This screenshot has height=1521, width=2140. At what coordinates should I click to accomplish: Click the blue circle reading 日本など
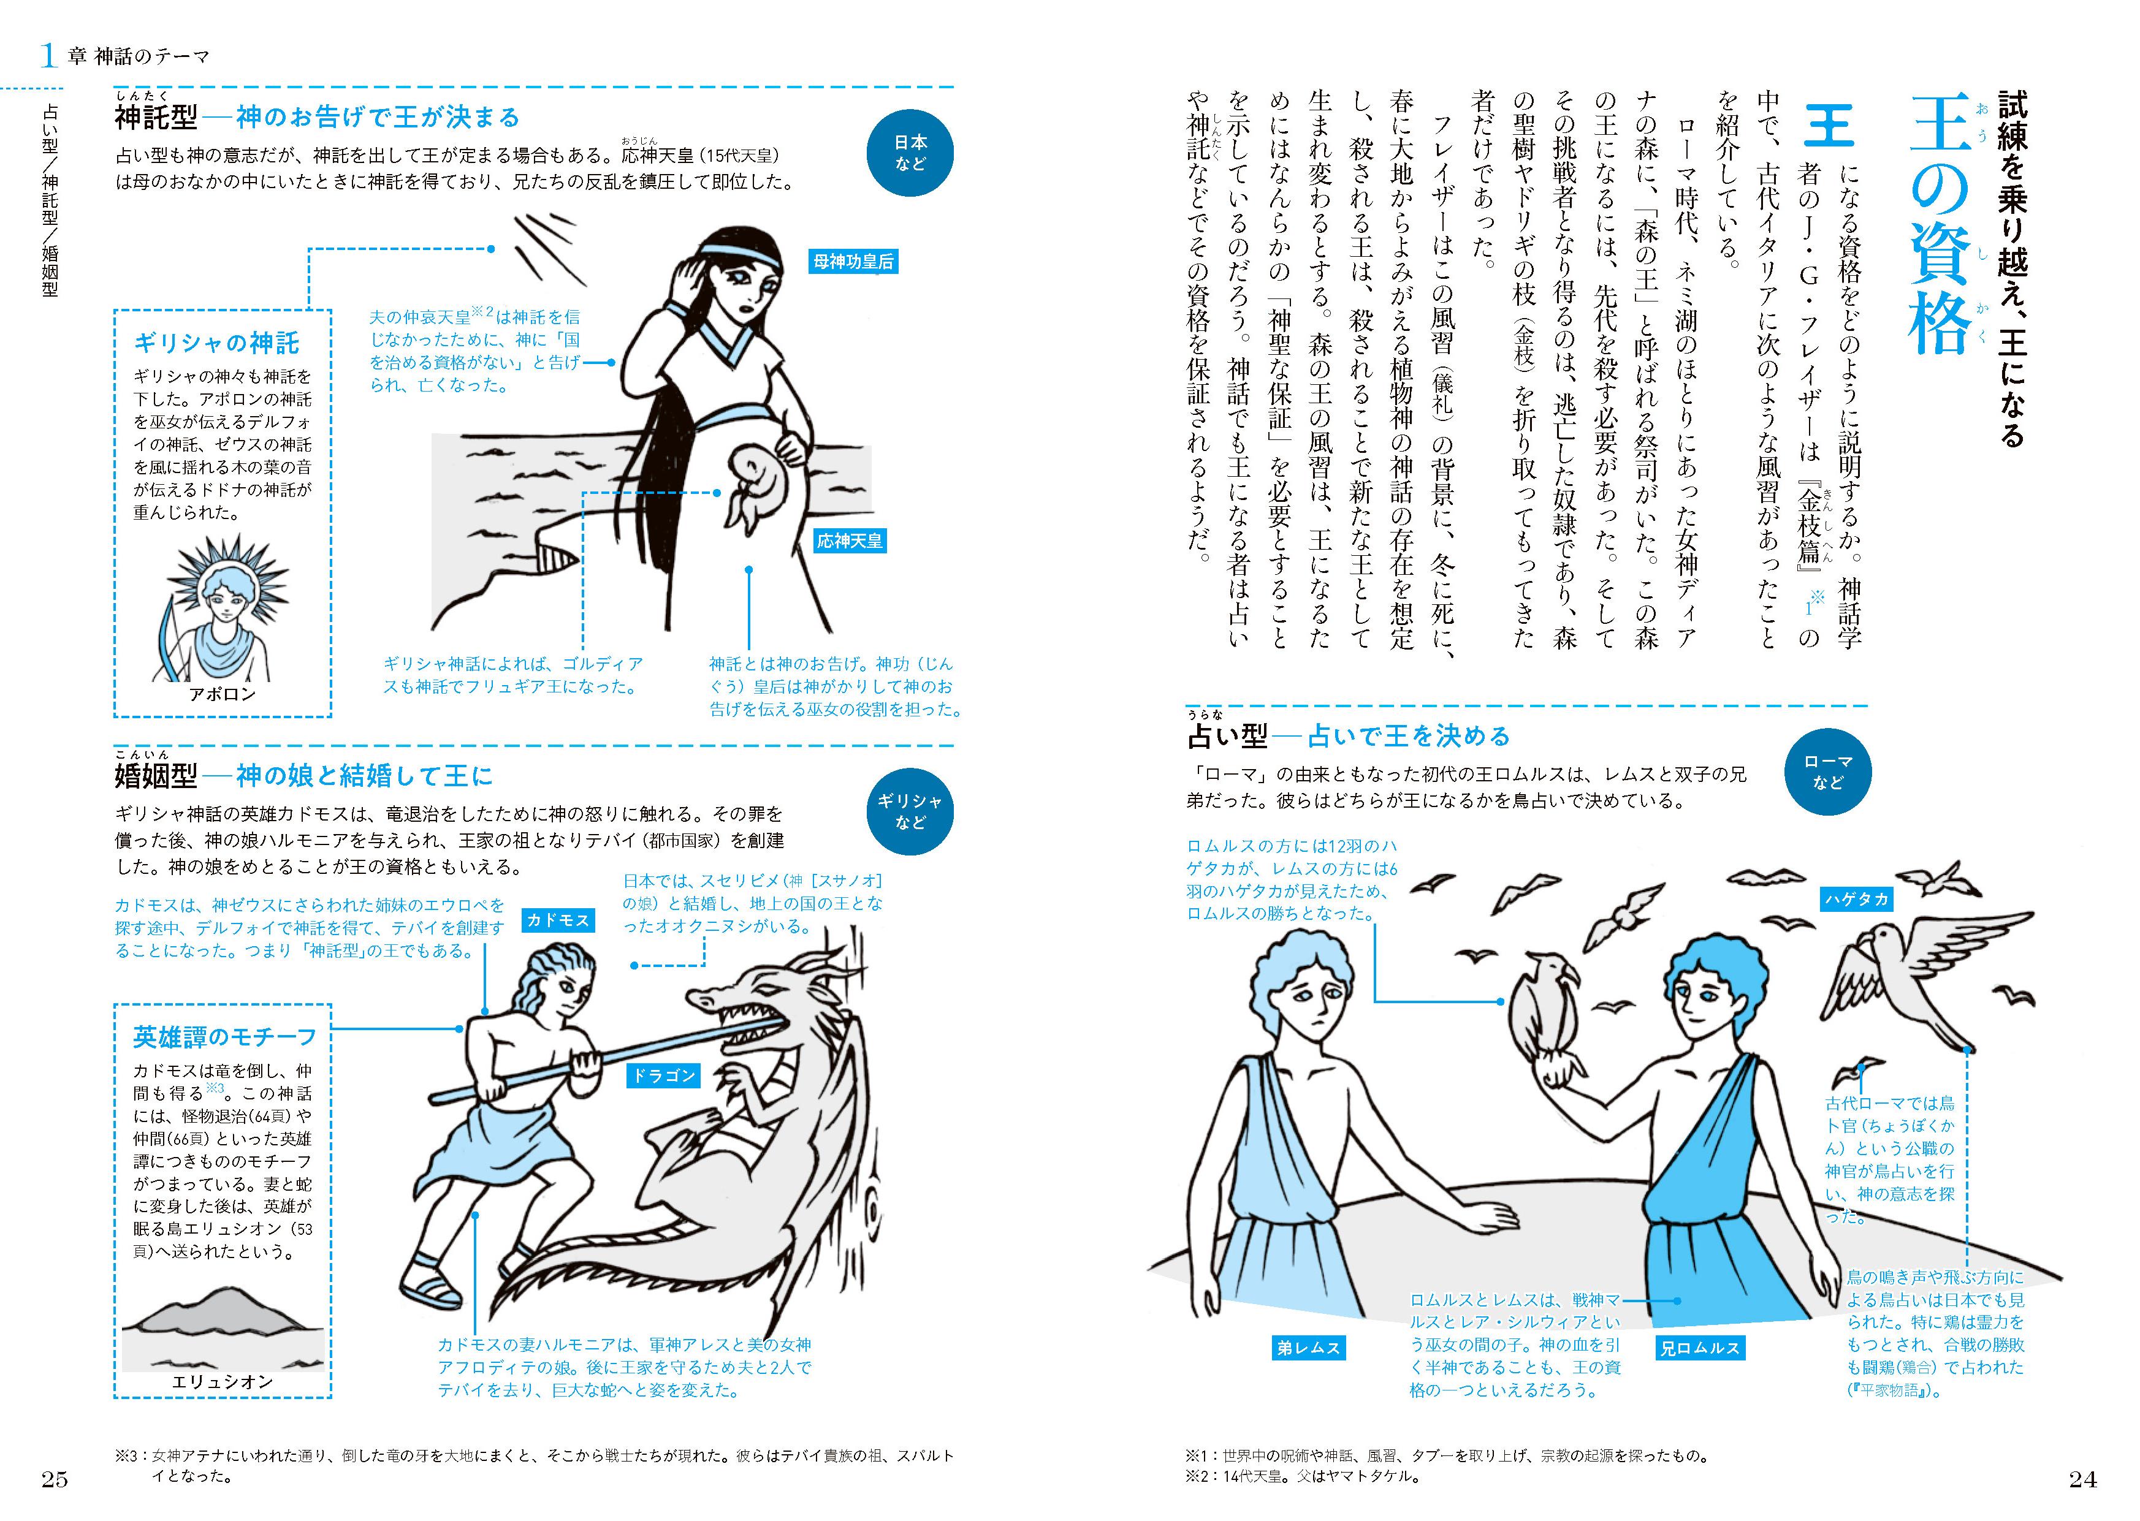pos(910,153)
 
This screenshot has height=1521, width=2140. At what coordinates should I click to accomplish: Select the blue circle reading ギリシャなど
pos(910,811)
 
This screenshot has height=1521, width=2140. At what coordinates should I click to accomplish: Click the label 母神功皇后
pos(853,261)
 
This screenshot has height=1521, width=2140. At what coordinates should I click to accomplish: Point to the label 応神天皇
pos(850,541)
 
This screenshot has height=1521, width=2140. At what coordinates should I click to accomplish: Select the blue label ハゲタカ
pos(1856,899)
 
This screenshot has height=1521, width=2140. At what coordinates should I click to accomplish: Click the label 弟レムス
pos(1309,1348)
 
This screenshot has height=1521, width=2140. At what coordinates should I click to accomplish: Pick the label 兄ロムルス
pos(1700,1348)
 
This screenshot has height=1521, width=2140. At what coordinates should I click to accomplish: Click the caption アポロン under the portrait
pos(222,694)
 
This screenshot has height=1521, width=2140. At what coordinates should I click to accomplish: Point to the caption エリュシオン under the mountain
pos(222,1381)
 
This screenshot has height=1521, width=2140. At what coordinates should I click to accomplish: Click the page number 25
pos(55,1479)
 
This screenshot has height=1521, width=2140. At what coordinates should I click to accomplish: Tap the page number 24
pos(2083,1479)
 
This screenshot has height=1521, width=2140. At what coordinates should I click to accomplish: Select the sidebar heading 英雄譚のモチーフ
pos(225,1037)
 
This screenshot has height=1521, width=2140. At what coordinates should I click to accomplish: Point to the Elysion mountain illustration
pos(223,1326)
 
